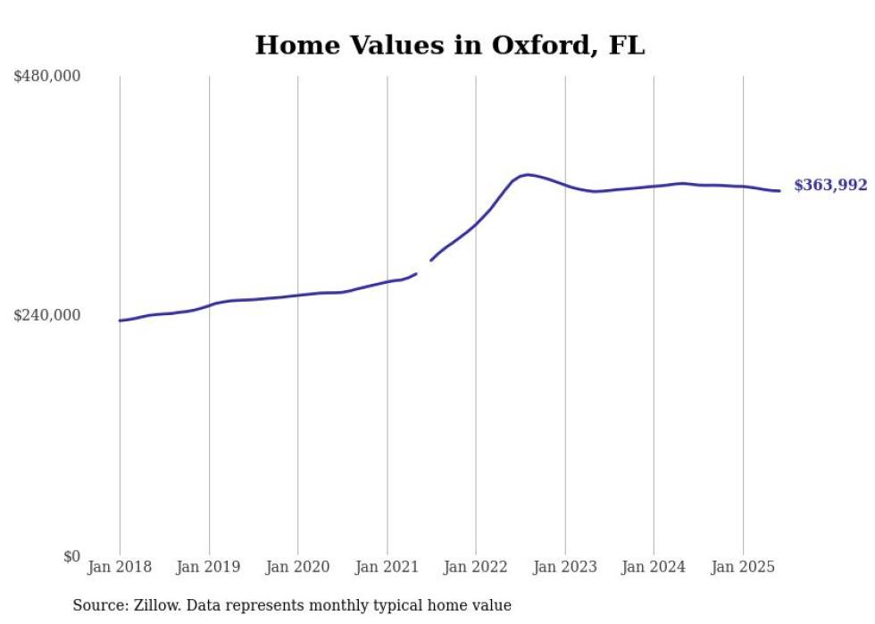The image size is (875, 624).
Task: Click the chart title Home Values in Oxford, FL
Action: pos(449,46)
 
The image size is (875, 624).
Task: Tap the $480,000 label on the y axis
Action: pos(46,77)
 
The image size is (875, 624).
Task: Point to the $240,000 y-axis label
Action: pos(46,315)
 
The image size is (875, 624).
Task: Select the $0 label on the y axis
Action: pos(71,556)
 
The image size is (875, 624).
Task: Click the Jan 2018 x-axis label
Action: pos(120,567)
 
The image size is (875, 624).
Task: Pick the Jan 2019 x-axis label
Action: pos(209,567)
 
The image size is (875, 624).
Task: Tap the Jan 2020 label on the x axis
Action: pos(297,567)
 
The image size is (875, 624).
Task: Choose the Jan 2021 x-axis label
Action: pos(387,567)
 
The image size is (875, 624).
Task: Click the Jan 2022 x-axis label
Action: pos(476,567)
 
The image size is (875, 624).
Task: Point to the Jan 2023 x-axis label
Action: pos(564,567)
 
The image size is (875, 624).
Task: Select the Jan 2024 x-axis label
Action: pos(654,567)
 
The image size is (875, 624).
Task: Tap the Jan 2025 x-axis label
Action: pos(743,567)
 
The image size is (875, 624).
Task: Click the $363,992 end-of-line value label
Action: pos(829,186)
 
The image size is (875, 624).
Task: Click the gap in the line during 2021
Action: pos(423,268)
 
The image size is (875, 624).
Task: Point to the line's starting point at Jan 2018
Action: pos(120,320)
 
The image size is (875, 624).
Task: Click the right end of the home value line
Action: pos(779,190)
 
